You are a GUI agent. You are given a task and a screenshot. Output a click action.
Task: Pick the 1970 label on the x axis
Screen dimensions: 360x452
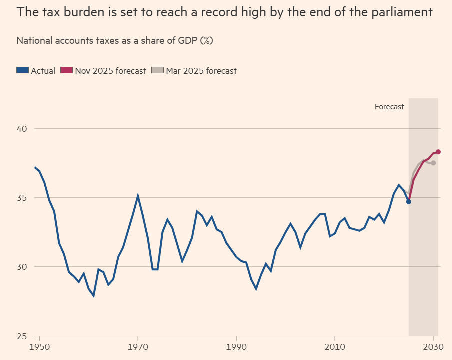point(138,346)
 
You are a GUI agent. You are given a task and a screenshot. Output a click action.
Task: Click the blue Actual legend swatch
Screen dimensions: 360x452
point(23,71)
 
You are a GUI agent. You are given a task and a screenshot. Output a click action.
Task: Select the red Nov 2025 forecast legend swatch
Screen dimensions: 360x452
point(66,71)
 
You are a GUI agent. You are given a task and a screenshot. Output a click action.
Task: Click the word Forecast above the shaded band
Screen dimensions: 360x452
point(389,107)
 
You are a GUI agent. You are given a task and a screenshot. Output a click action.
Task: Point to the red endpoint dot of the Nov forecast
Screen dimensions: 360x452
point(438,152)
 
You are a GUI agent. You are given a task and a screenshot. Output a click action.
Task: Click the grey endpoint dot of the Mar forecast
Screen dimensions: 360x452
point(433,163)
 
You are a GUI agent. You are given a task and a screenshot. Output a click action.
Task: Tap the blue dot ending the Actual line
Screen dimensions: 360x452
point(409,201)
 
